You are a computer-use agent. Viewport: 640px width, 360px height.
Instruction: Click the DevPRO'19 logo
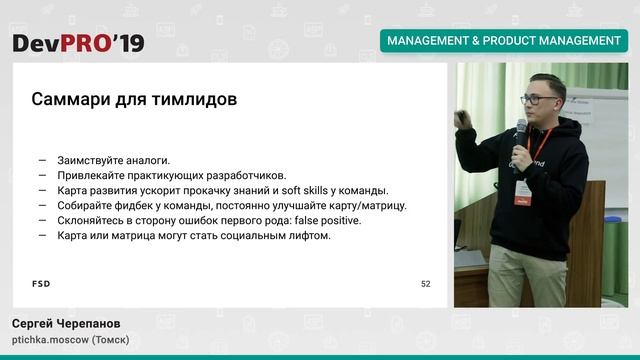[78, 42]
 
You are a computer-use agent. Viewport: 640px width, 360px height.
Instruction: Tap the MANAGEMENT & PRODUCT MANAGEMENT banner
[503, 41]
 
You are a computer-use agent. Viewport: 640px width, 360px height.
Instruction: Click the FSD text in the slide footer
[41, 284]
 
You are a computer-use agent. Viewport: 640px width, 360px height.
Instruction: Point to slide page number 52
[426, 284]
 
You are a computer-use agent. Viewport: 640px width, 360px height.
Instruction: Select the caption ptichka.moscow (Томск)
[70, 341]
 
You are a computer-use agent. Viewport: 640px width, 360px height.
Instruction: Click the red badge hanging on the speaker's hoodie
[523, 192]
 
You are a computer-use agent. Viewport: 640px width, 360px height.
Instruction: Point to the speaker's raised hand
[461, 120]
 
